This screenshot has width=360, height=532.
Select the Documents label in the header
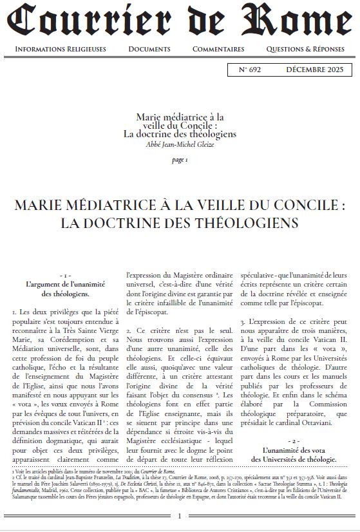(149, 49)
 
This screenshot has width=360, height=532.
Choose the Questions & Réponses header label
(306, 49)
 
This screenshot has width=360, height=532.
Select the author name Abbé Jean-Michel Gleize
(180, 144)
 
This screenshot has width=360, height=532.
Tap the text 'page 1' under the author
(180, 160)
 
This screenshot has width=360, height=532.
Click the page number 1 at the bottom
(180, 515)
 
